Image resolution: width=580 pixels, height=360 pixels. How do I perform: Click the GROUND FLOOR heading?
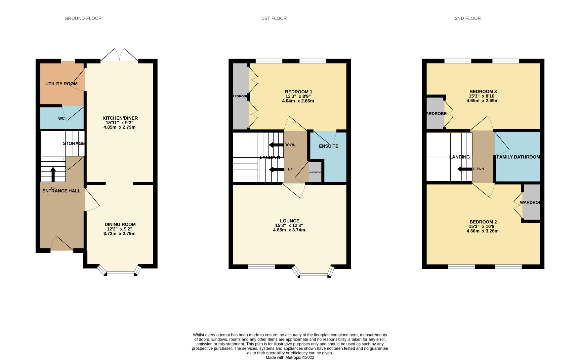tap(83, 18)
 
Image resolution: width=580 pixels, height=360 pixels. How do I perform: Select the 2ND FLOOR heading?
tap(468, 18)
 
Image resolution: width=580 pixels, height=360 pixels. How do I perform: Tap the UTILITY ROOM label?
tap(61, 84)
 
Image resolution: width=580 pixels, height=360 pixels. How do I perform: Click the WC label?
tap(61, 118)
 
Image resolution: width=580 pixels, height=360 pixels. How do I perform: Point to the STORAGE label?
tap(74, 143)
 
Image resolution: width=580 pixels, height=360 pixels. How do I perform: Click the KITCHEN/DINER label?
tap(120, 118)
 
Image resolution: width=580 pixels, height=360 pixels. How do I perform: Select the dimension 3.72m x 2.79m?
tap(119, 234)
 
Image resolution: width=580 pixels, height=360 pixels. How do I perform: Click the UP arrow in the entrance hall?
tap(53, 174)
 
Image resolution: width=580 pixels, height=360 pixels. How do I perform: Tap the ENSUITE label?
tap(328, 146)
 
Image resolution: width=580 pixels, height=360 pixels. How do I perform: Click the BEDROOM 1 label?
tap(298, 92)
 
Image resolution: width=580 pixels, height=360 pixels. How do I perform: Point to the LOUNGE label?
tap(289, 221)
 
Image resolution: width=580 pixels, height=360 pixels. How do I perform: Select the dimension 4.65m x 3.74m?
tap(289, 230)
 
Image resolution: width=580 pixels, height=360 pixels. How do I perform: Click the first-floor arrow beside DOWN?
tap(276, 145)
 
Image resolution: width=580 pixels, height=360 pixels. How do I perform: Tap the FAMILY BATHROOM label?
tap(518, 157)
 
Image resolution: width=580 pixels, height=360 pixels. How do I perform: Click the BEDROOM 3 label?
tap(483, 91)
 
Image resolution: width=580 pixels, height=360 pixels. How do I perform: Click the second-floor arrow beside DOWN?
tap(464, 169)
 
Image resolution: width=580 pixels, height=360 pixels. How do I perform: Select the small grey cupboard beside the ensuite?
tap(315, 172)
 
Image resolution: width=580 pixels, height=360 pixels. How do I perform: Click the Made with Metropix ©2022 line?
tap(290, 357)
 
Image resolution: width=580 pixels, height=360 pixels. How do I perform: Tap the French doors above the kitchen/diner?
tap(119, 55)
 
